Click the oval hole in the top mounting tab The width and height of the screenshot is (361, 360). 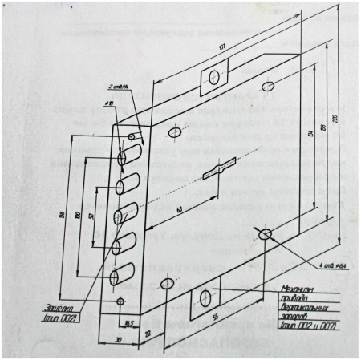pyautogui.click(x=214, y=76)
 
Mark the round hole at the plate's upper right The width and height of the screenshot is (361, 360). pyautogui.click(x=269, y=86)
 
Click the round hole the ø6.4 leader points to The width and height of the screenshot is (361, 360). pyautogui.click(x=266, y=233)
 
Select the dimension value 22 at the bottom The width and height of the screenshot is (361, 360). pyautogui.click(x=147, y=331)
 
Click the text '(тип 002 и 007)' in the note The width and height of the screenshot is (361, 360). pyautogui.click(x=305, y=328)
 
